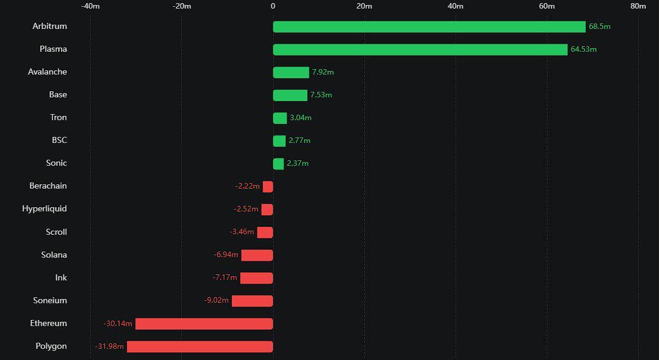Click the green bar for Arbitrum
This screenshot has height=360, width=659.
pos(429,27)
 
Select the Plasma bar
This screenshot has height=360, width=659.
pos(420,50)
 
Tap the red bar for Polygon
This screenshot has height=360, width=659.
pos(200,346)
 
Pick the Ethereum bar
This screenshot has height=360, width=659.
pos(204,324)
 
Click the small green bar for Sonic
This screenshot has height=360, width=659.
pos(279,164)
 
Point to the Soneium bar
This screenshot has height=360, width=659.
pos(252,301)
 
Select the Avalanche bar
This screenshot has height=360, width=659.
pos(291,73)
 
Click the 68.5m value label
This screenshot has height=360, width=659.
pos(599,27)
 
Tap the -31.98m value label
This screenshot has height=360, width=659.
pos(109,346)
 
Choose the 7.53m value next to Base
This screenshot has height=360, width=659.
pos(321,95)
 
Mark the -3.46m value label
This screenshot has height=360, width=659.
pos(242,232)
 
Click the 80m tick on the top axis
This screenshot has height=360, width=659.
pos(638,6)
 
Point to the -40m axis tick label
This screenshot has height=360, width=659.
pos(91,6)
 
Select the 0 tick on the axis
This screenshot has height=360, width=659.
pos(273,6)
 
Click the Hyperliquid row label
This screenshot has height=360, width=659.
pos(44,209)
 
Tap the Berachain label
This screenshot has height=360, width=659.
pos(48,186)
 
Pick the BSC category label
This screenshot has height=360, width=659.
pos(59,141)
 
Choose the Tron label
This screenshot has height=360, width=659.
pos(59,118)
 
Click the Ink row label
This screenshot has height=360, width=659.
pos(61,278)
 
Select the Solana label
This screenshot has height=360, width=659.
pos(54,255)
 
